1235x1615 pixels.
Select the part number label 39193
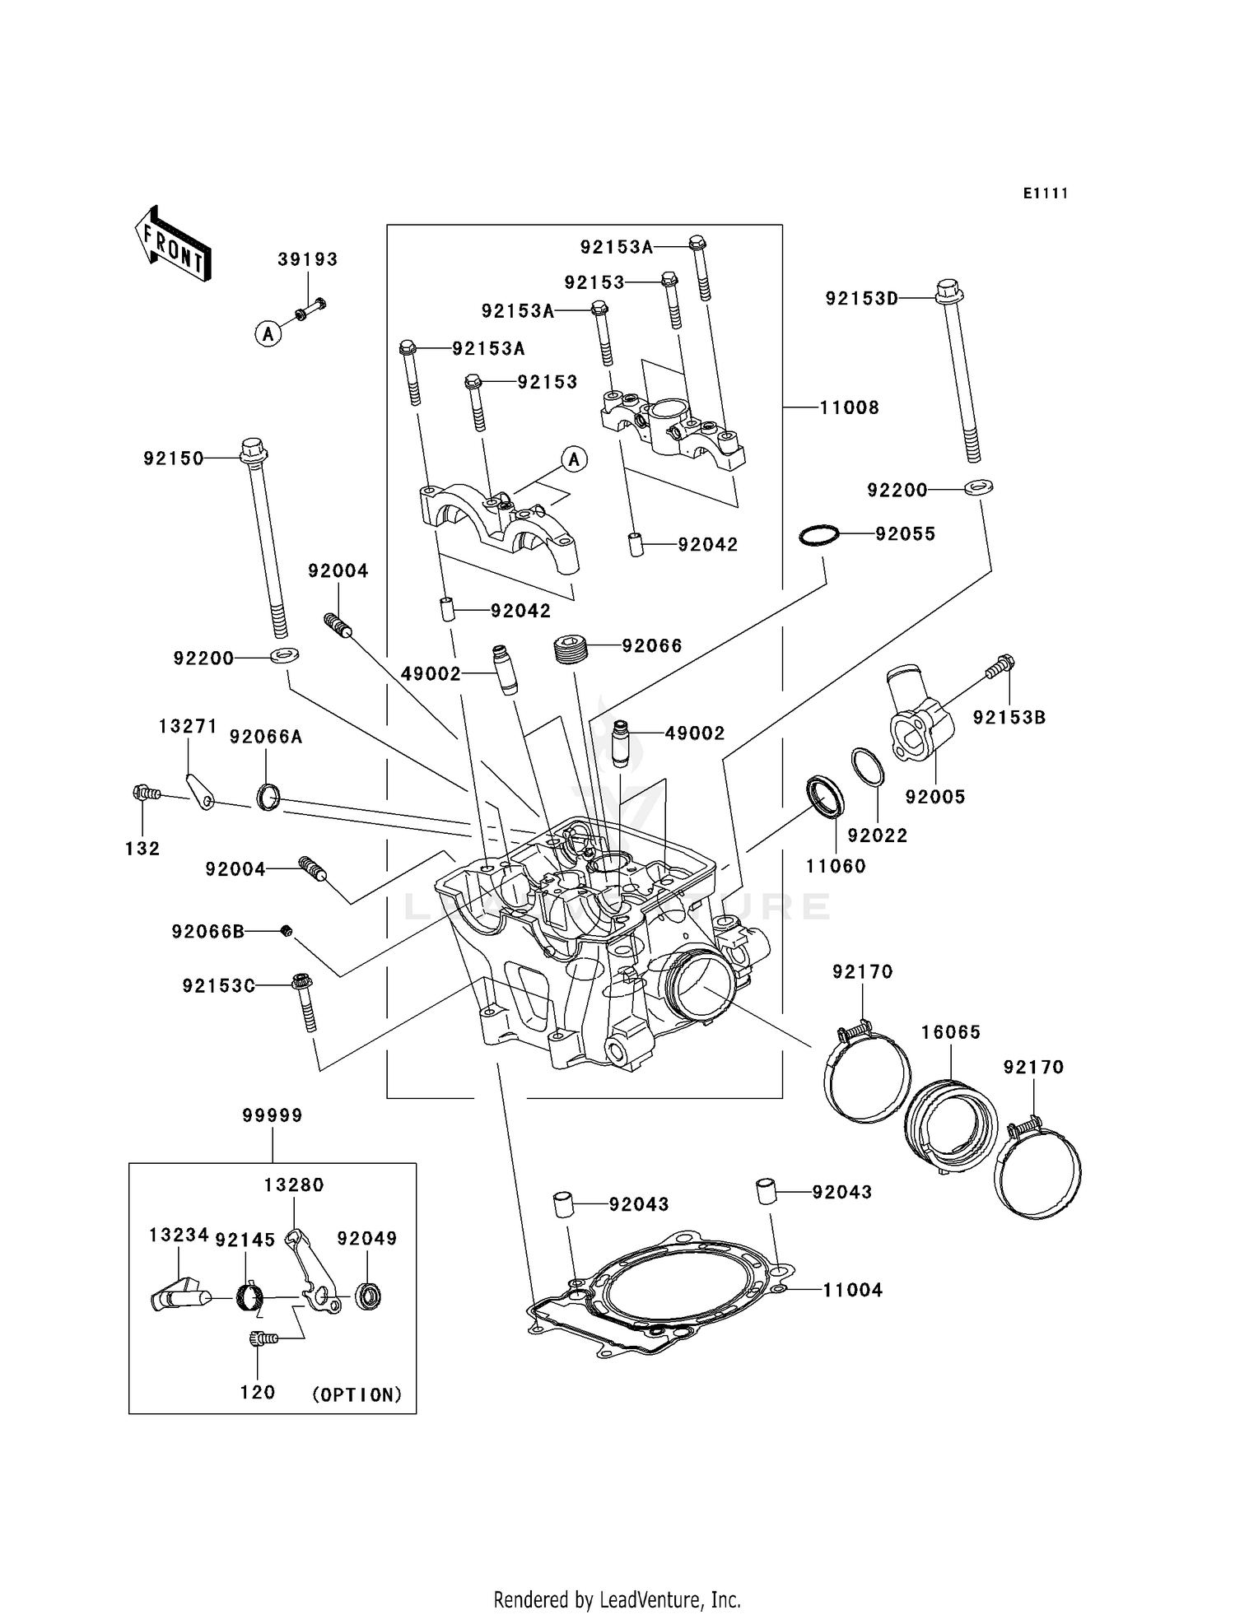pos(307,259)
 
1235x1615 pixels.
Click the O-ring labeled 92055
pos(819,535)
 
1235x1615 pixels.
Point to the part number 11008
pos(849,407)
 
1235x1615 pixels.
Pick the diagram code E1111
pos(1045,193)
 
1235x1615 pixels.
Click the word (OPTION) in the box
pos(357,1394)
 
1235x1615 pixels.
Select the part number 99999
pos(273,1115)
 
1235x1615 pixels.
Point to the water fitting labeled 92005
pos(920,722)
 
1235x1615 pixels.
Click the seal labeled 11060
pos(825,797)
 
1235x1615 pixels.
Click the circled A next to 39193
pos(268,334)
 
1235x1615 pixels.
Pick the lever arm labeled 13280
pos(313,1272)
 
